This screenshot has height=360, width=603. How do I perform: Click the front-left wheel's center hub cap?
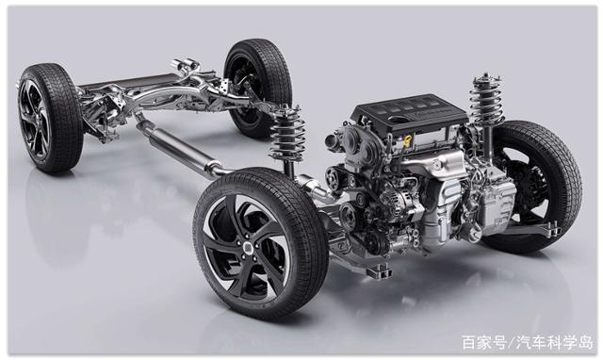tap(247, 247)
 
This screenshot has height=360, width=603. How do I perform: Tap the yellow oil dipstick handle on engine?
tap(408, 140)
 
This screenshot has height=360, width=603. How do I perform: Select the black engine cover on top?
tap(410, 111)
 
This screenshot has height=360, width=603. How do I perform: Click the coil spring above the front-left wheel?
tap(287, 132)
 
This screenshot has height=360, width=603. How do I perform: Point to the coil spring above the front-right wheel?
tap(487, 99)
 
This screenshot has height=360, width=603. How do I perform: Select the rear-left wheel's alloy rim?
tap(34, 120)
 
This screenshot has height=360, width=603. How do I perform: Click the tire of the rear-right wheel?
tap(258, 88)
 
